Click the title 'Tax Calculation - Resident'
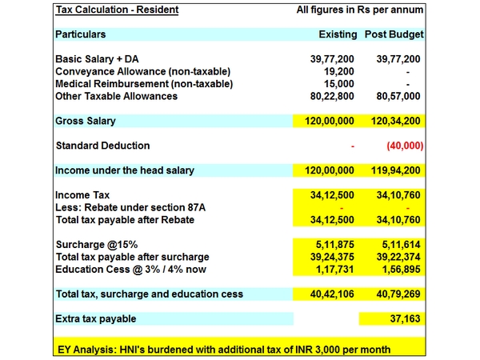pyautogui.click(x=117, y=10)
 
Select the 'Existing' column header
pyautogui.click(x=337, y=35)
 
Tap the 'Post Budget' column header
pyautogui.click(x=394, y=35)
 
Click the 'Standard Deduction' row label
pyautogui.click(x=102, y=146)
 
